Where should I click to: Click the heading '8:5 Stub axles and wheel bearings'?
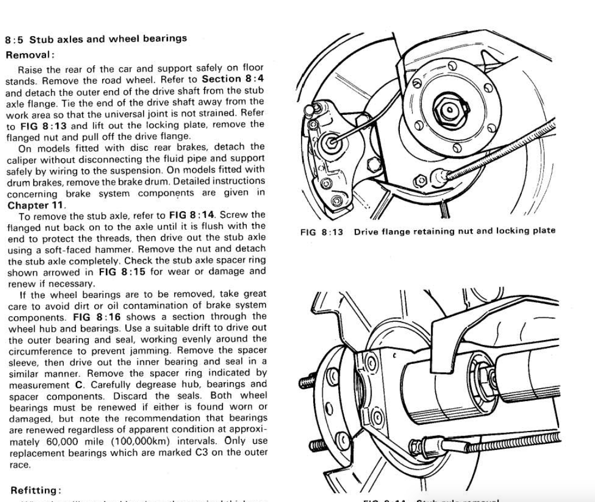[x=96, y=39]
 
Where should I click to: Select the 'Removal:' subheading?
[x=30, y=55]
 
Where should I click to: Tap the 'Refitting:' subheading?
[x=34, y=490]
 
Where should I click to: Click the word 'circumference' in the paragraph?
[x=37, y=351]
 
